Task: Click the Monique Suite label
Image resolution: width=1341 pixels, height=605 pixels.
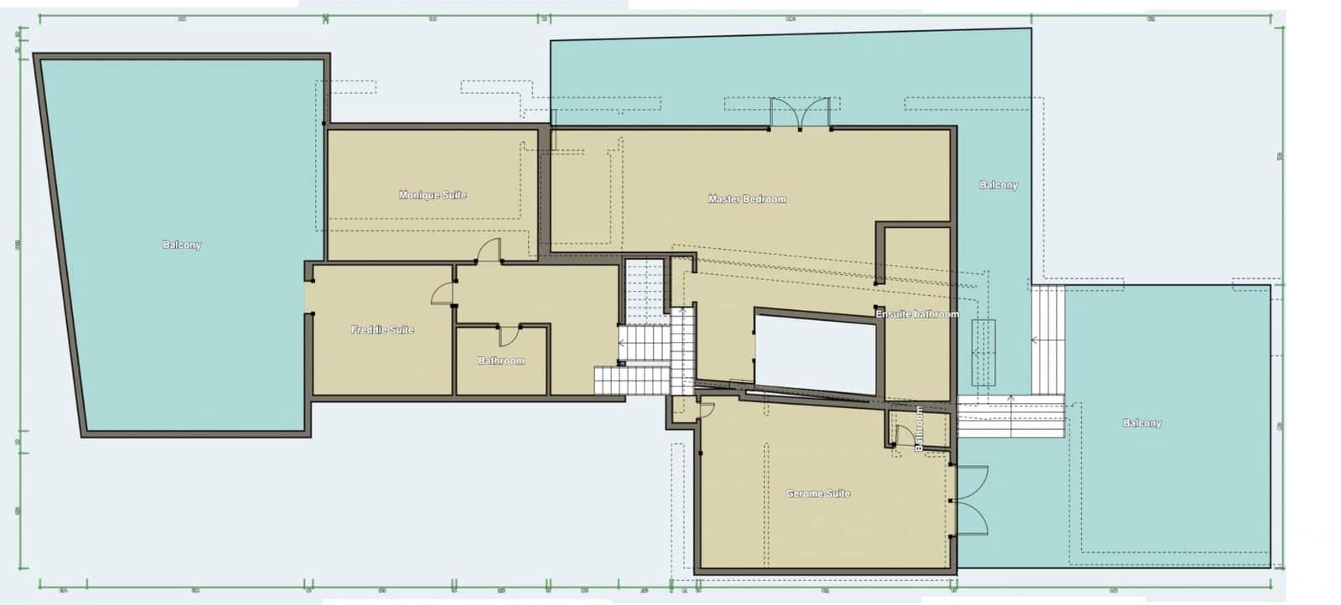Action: tap(432, 195)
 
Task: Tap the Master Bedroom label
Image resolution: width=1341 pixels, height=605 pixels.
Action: tap(747, 199)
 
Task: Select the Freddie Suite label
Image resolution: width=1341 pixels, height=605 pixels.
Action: tap(382, 329)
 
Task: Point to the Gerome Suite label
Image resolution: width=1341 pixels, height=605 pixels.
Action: tap(818, 494)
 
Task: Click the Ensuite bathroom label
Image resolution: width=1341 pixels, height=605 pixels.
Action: tap(917, 314)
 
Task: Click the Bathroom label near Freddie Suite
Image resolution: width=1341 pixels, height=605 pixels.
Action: tap(501, 361)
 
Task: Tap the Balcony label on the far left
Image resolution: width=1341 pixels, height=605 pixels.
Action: tap(182, 245)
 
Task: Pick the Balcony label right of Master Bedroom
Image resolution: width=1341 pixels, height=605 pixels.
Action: tap(998, 185)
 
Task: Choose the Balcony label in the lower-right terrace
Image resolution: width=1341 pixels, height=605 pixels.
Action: tap(1142, 423)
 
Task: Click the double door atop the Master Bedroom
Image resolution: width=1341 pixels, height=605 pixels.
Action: tap(800, 114)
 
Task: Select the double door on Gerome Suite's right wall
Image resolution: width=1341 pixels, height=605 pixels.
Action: tap(971, 500)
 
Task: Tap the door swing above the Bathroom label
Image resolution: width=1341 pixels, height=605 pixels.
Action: tap(509, 334)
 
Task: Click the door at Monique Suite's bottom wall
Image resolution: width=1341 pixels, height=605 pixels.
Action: tap(489, 251)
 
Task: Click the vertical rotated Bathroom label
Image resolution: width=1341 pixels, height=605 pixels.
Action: tap(919, 428)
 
